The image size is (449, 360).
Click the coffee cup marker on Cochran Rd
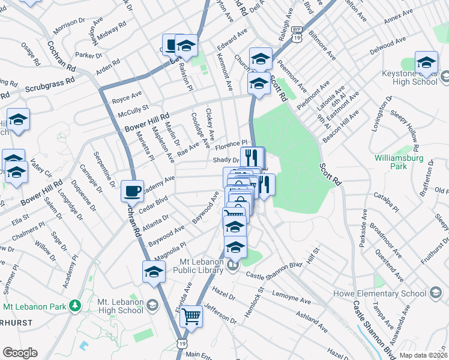[132, 191]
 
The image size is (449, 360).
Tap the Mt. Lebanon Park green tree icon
[74, 306]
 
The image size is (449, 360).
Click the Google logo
[20, 353]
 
